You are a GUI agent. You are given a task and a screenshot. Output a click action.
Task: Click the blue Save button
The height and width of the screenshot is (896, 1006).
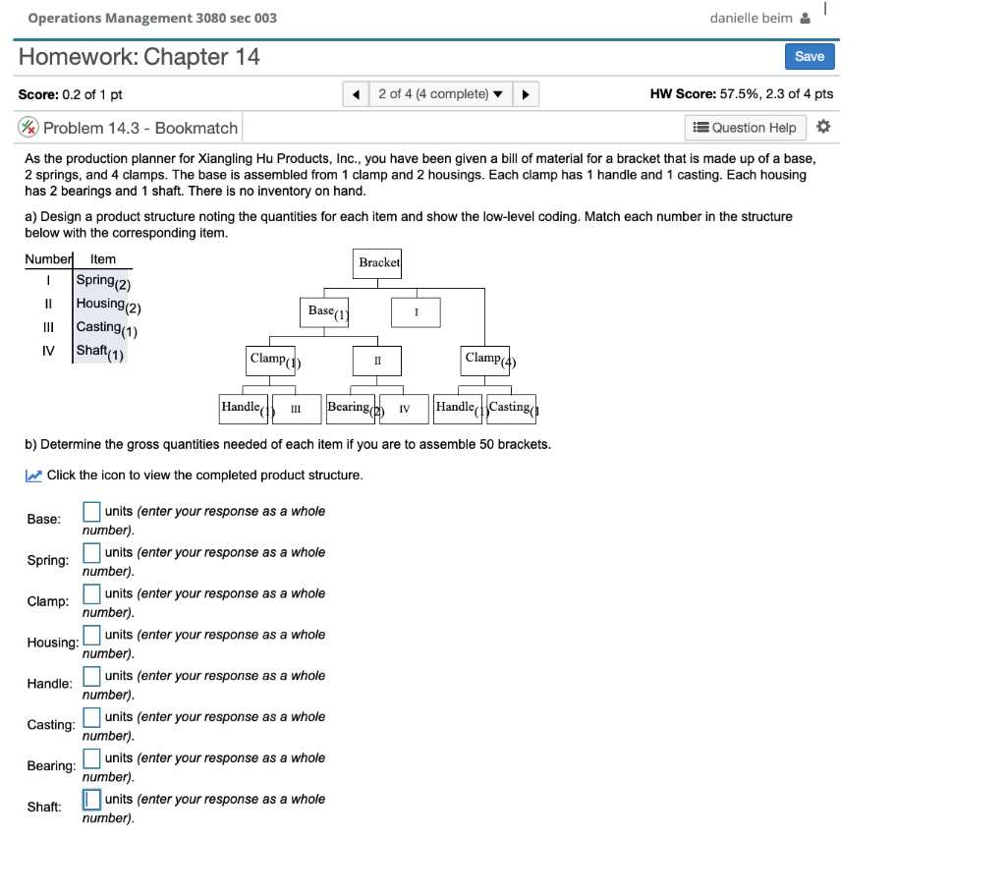pos(809,56)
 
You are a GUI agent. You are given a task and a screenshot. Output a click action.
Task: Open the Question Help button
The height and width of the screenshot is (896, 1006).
pos(745,128)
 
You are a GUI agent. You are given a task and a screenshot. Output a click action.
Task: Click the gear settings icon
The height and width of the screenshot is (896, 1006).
pos(823,127)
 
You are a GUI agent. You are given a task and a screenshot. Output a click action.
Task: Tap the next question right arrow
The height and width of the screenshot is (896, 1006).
pos(526,94)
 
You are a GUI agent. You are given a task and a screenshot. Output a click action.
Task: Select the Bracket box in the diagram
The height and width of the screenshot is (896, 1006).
pos(379,262)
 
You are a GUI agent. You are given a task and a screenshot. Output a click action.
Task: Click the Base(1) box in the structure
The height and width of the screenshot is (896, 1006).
pos(327,312)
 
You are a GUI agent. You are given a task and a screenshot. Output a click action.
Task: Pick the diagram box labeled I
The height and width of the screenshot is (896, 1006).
pos(417,312)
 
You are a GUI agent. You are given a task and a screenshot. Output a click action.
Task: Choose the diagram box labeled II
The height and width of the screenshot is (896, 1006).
pos(377,361)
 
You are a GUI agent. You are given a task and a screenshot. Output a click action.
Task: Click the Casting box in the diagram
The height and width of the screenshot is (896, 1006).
pos(511,408)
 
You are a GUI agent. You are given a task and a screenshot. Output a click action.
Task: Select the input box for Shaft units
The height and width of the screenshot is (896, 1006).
pos(91,799)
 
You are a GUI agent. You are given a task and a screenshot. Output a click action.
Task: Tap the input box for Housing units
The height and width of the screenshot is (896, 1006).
pos(91,635)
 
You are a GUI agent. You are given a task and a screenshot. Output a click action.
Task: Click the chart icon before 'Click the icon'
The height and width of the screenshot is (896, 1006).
pos(33,476)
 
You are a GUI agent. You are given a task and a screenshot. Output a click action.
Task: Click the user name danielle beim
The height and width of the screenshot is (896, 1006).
pos(752,18)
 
